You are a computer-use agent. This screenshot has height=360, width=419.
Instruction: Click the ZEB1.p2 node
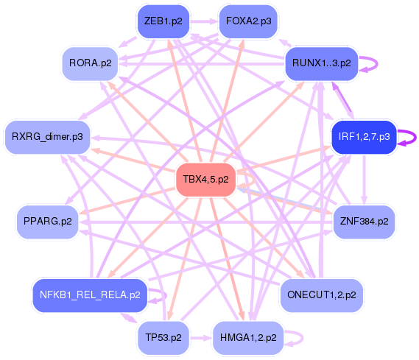point(163,21)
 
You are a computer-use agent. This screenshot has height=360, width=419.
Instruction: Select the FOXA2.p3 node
point(248,21)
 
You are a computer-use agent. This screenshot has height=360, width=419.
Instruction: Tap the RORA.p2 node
point(91,63)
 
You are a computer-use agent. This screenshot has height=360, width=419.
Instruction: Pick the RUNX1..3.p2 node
point(321,63)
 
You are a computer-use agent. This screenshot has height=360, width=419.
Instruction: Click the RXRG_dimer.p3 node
point(47,137)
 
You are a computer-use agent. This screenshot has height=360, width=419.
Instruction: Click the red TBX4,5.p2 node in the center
point(205,180)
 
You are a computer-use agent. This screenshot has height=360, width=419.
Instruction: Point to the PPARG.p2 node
point(47,221)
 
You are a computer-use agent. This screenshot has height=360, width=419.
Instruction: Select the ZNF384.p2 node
point(364,221)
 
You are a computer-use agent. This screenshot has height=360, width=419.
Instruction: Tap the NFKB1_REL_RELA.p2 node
point(89,295)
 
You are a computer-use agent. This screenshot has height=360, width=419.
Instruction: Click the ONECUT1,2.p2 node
point(321,295)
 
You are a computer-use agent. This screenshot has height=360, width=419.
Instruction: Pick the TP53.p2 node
point(163,337)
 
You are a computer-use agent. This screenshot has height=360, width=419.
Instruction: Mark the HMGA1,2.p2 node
point(248,337)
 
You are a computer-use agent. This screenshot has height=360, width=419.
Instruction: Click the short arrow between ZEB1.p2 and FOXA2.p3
point(205,21)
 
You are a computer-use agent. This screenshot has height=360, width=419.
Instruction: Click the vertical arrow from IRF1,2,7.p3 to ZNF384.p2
point(365,180)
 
